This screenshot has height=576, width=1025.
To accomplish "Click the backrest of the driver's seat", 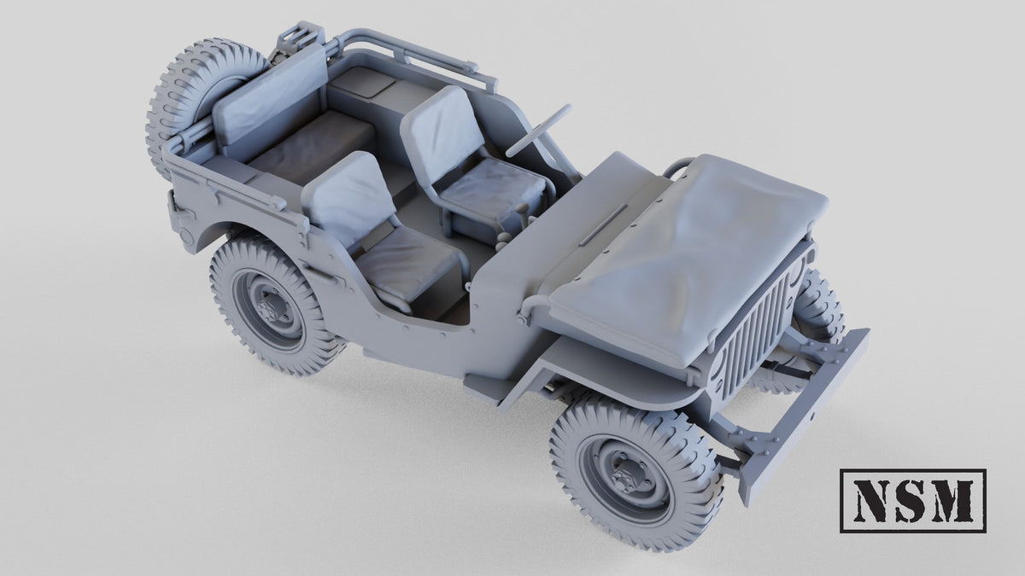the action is pos(443,133).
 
